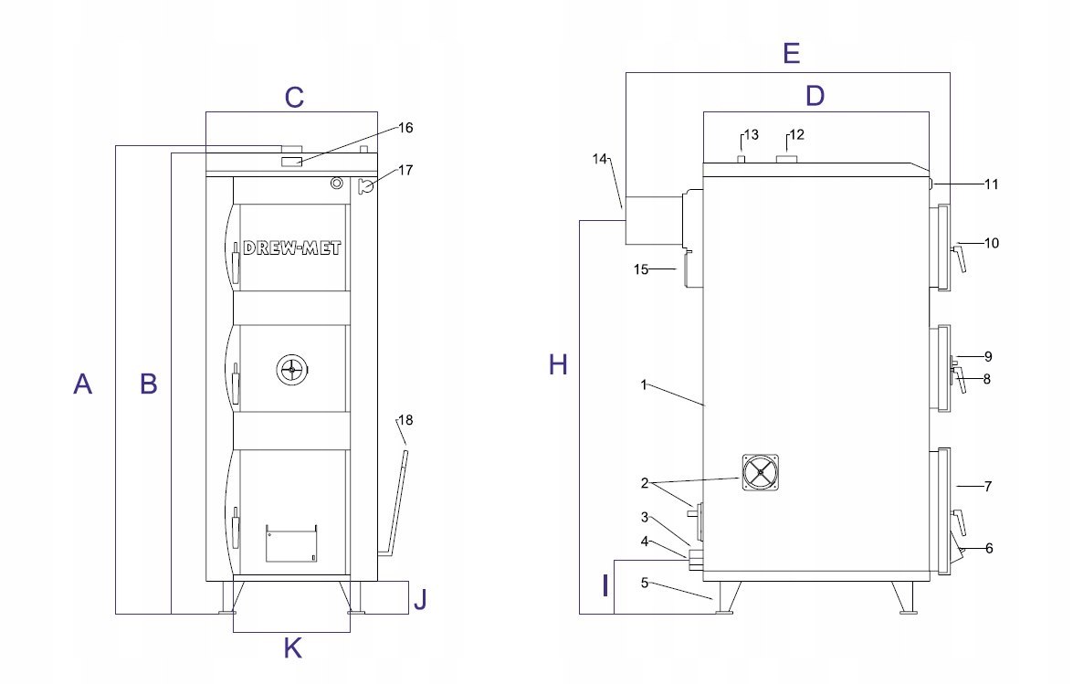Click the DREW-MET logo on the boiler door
pos(292,248)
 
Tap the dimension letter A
pos(83,384)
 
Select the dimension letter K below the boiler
pos(293,647)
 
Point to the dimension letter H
pos(558,364)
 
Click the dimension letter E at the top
pos(792,53)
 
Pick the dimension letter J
pos(420,599)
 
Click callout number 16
pos(405,128)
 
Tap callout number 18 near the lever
pos(405,420)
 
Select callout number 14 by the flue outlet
pos(600,159)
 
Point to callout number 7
pos(987,487)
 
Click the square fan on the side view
pos(761,472)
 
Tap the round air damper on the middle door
pos(293,370)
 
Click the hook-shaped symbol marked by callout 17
pos(364,185)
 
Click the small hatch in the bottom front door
pos(291,543)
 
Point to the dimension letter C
pos(294,97)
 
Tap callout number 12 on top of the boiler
pos(796,135)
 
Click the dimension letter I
pos(605,586)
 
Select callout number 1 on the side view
pos(643,385)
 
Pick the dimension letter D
pos(815,96)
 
